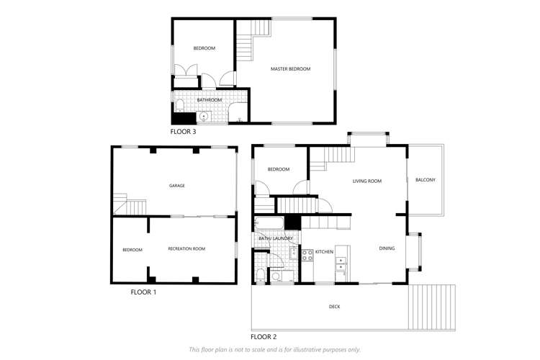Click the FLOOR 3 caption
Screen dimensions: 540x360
point(183,132)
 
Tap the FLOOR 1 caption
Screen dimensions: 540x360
point(143,292)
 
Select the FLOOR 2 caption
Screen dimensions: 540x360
point(264,337)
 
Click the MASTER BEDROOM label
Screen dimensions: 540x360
point(291,69)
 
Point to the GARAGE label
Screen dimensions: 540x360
point(177,186)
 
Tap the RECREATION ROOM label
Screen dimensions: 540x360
point(186,248)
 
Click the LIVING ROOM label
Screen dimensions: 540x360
point(367,181)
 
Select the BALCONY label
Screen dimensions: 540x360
point(426,180)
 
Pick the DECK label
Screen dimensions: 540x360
point(334,307)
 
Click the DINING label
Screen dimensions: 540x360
point(387,248)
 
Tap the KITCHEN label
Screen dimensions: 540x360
point(325,252)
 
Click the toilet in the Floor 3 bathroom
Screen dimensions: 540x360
point(179,105)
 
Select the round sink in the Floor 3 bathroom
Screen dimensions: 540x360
point(204,117)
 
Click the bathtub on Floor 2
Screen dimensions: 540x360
point(269,223)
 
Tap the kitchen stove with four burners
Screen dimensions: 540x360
point(307,256)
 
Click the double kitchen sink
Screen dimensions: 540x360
point(341,264)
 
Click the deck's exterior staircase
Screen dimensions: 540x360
point(432,307)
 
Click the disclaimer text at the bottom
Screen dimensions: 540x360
point(274,350)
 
